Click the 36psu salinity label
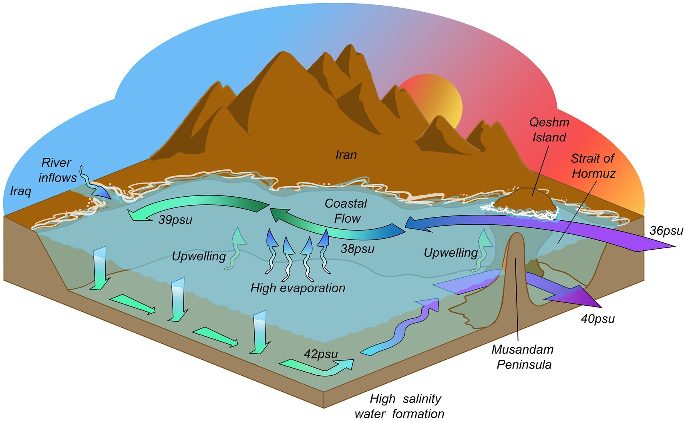coord(666,231)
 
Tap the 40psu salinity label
coord(597,319)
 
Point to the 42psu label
coord(321,354)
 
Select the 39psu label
coord(175,220)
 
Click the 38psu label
coord(357,249)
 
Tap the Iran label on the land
coord(346,155)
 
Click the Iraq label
coord(20,191)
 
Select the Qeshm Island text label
coord(549,129)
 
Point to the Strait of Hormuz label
coord(593,166)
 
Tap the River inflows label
coord(57,170)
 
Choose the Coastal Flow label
coord(346,211)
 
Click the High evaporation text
coord(298,288)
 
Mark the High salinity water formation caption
coord(400,406)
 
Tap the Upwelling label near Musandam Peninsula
coord(451,253)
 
